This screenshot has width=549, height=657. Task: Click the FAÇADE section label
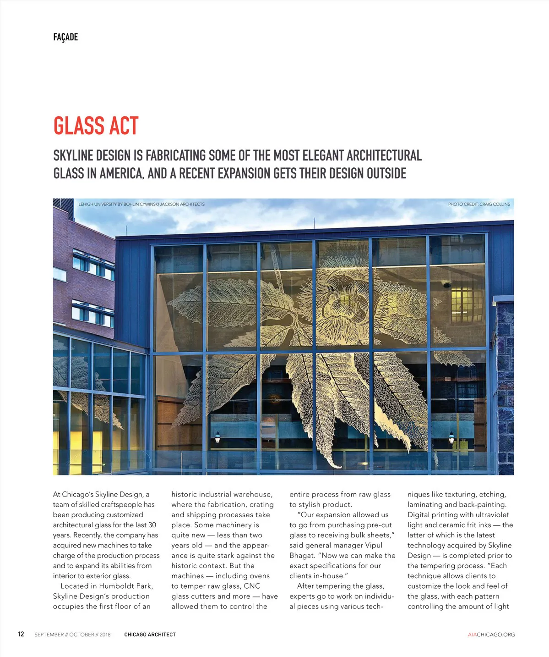pos(65,37)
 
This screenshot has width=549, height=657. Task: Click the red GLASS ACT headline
pos(96,126)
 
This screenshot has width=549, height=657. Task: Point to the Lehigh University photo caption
pos(141,204)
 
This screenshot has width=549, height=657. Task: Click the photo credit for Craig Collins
pos(478,204)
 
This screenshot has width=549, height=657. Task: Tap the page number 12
pos(21,634)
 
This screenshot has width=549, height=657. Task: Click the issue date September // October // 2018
pos(72,635)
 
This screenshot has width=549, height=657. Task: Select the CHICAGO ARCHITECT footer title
pos(150,635)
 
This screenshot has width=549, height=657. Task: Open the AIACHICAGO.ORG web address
pos(491,635)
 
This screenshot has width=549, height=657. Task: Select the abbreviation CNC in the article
pos(252,586)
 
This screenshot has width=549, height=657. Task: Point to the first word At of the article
pos(57,494)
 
